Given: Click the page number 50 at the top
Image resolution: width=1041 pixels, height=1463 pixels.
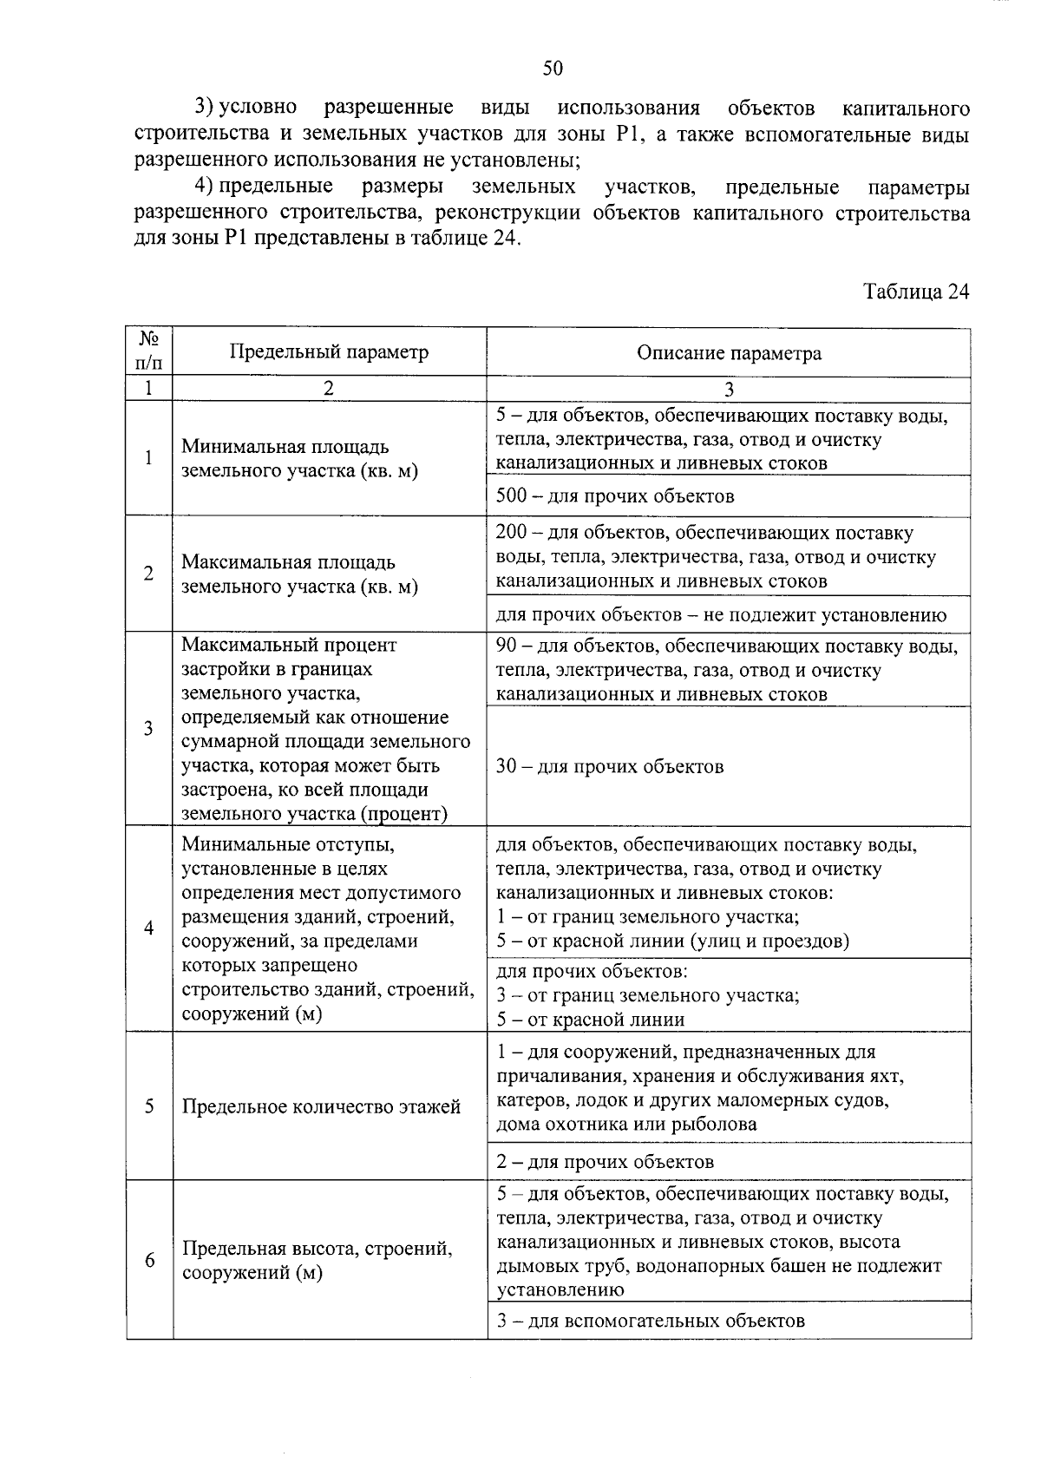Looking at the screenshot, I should (553, 69).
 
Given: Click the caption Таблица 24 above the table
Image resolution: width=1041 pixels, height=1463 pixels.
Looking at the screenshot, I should (915, 292).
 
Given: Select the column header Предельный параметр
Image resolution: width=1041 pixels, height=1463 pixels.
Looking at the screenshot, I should (329, 352).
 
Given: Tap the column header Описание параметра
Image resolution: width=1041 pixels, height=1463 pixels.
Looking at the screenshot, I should (729, 353).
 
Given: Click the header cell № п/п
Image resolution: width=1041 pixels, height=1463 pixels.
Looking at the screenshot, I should (149, 351).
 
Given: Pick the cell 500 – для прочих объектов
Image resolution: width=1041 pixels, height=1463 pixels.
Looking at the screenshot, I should (615, 496).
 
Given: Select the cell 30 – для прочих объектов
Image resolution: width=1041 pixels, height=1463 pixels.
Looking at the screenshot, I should (609, 766).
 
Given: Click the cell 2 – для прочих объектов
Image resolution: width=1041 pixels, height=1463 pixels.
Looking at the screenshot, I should (605, 1162).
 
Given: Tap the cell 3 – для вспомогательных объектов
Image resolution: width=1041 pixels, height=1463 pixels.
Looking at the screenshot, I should (650, 1321).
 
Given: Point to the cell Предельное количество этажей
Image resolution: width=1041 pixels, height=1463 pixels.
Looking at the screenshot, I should (321, 1106).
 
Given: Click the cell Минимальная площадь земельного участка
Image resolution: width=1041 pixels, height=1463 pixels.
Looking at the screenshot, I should (299, 459).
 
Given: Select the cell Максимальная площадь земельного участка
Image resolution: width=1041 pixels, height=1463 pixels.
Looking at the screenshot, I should (299, 574).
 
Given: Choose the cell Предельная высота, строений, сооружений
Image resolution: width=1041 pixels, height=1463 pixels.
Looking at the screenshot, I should (316, 1261).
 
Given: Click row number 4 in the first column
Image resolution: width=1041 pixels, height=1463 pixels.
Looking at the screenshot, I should (149, 928).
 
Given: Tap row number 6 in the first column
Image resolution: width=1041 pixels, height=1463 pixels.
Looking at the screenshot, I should (149, 1260).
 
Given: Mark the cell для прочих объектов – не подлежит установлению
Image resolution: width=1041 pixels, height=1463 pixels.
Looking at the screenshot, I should (720, 615).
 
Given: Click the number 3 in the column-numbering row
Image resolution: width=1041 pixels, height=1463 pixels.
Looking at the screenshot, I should (729, 389).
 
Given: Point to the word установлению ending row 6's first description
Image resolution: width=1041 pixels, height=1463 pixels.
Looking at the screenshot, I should (560, 1289).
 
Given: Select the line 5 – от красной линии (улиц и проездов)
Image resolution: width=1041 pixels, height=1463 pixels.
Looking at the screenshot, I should (672, 941).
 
